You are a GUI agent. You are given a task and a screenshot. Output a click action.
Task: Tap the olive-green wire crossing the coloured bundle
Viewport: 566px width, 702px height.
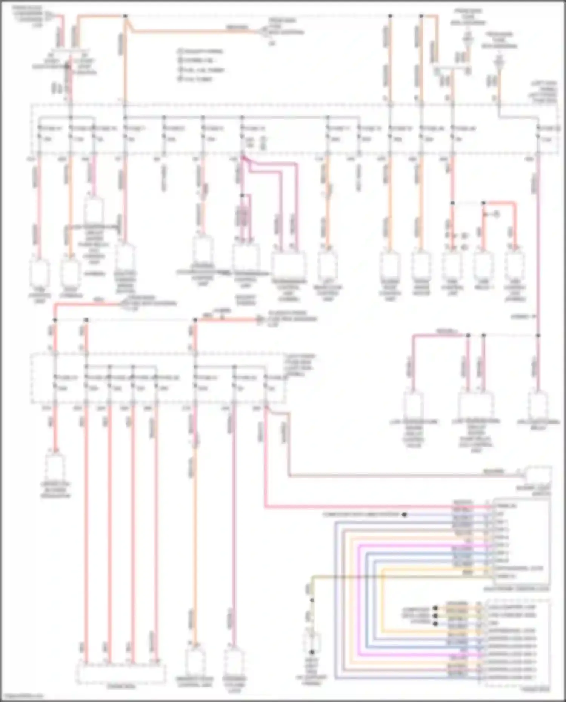377,576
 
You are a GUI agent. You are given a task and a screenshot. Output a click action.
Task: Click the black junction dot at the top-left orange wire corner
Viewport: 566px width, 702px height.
125,16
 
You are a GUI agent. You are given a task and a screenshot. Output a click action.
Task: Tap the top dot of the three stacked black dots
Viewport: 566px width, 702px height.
435,608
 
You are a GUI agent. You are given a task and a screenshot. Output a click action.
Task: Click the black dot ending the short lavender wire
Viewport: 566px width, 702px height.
405,515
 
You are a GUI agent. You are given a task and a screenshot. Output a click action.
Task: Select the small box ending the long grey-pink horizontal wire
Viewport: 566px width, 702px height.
539,475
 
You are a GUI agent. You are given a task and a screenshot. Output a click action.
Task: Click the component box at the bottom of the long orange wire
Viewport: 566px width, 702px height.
195,661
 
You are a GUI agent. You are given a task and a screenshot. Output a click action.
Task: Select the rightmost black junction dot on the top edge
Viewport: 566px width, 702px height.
421,16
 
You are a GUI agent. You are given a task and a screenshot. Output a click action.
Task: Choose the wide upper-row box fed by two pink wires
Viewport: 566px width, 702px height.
289,266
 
